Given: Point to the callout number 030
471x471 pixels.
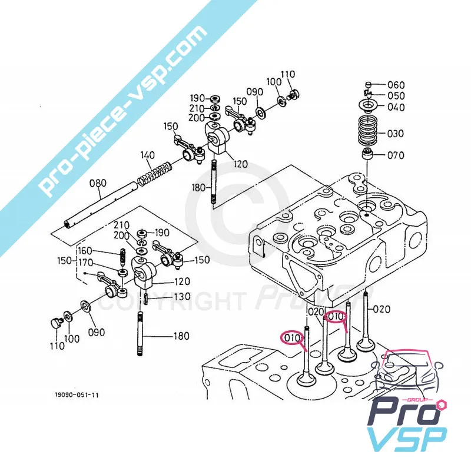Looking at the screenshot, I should pyautogui.click(x=395, y=134).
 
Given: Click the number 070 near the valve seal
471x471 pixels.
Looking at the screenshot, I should pyautogui.click(x=395, y=156).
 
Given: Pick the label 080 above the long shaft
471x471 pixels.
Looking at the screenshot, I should pyautogui.click(x=98, y=183).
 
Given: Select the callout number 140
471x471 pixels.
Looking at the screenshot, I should pyautogui.click(x=148, y=155).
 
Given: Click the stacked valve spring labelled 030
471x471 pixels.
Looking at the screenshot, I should pyautogui.click(x=367, y=133).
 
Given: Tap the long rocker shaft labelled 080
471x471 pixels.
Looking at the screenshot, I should pyautogui.click(x=101, y=205).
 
